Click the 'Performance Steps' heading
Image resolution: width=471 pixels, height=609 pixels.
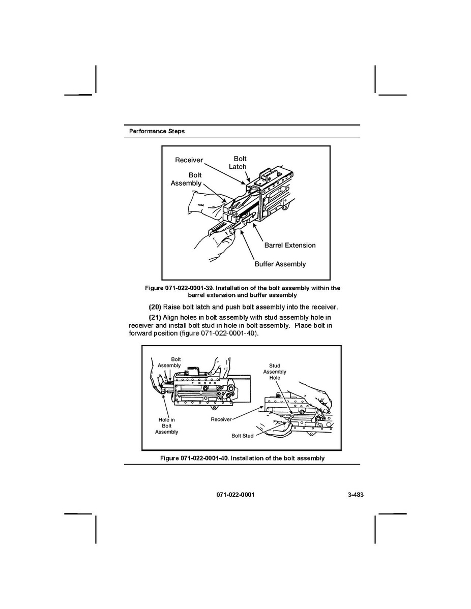(x=157, y=131)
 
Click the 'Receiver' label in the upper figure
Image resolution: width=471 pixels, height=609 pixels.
(x=189, y=160)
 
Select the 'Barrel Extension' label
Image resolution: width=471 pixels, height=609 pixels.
(x=289, y=245)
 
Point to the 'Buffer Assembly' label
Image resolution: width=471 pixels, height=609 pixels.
(x=280, y=264)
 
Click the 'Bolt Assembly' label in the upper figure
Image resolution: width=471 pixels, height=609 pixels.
(x=186, y=179)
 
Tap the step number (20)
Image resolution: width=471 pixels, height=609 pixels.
(x=155, y=307)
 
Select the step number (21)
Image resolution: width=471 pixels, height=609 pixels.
(x=155, y=317)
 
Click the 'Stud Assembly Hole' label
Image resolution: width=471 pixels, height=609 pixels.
(x=275, y=372)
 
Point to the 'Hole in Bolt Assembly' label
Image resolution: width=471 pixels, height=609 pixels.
(x=167, y=426)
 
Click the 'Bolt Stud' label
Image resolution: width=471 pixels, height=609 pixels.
(x=242, y=436)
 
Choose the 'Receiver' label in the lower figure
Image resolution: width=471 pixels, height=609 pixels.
(x=221, y=419)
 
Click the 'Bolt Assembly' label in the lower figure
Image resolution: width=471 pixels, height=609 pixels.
(x=169, y=362)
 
